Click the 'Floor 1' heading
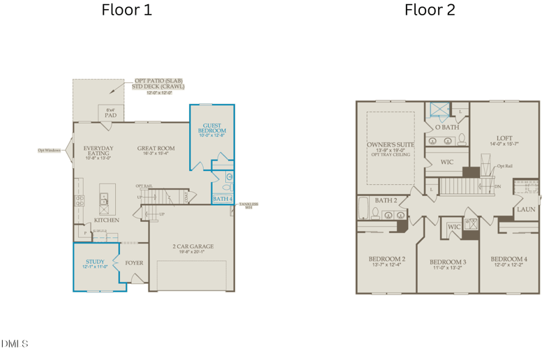[x=126, y=10]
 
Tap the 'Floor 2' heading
[x=430, y=10]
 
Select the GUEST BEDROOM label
[x=212, y=128]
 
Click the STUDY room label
[x=95, y=262]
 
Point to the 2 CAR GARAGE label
[x=193, y=246]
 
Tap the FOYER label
[x=134, y=263]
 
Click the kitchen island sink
[x=104, y=202]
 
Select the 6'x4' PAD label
[x=110, y=112]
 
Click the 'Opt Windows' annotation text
[x=50, y=150]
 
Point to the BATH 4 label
[x=222, y=200]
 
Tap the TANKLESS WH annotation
[x=248, y=205]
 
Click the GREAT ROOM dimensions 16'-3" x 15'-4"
[x=156, y=155]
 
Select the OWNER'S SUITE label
[x=390, y=145]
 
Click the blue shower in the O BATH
[x=439, y=109]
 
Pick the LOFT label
[x=504, y=138]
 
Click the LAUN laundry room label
[x=526, y=209]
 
